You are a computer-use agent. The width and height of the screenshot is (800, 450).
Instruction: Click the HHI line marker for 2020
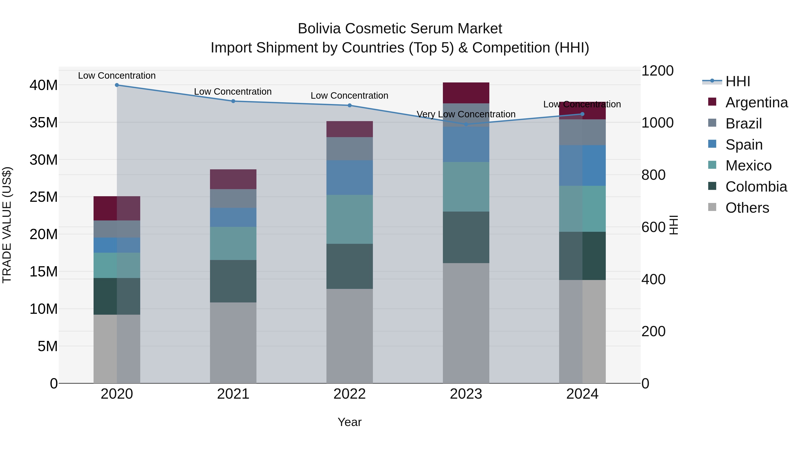pyautogui.click(x=117, y=85)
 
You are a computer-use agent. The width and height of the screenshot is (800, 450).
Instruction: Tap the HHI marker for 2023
pyautogui.click(x=466, y=124)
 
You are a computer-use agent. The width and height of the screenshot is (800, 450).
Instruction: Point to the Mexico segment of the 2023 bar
pyautogui.click(x=466, y=187)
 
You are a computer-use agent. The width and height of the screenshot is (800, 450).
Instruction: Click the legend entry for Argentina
pyautogui.click(x=756, y=102)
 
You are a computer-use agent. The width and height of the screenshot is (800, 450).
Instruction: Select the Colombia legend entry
pyautogui.click(x=756, y=186)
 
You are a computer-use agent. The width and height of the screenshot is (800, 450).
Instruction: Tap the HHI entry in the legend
pyautogui.click(x=738, y=81)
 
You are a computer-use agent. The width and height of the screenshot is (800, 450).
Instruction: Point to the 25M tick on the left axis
pyautogui.click(x=44, y=197)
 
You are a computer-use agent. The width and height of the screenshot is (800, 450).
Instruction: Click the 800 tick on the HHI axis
pyautogui.click(x=653, y=175)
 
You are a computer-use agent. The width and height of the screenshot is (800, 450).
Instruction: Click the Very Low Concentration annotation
pyautogui.click(x=466, y=114)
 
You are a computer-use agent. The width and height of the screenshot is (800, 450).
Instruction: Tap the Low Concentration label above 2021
pyautogui.click(x=233, y=92)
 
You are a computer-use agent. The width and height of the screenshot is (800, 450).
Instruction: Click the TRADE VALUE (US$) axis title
pyautogui.click(x=7, y=225)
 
